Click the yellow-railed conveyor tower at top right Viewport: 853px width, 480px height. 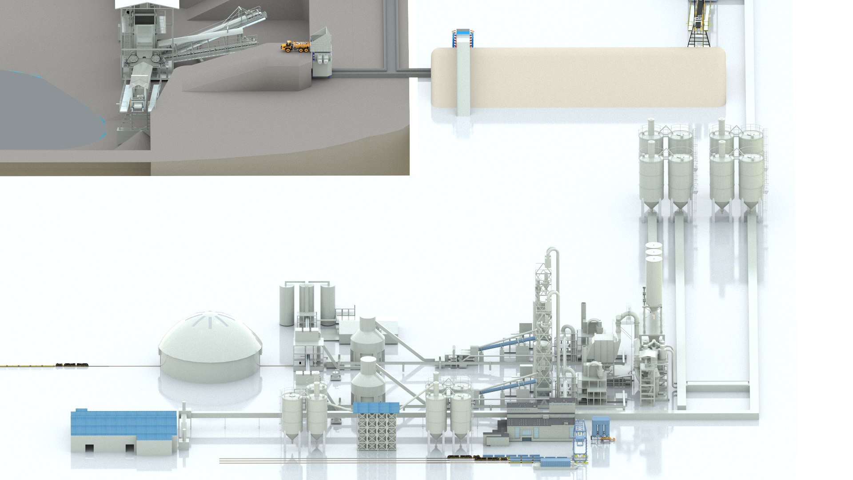(x=699, y=22)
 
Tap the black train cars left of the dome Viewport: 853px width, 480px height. (x=72, y=364)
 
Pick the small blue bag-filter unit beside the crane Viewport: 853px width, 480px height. (x=601, y=428)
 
